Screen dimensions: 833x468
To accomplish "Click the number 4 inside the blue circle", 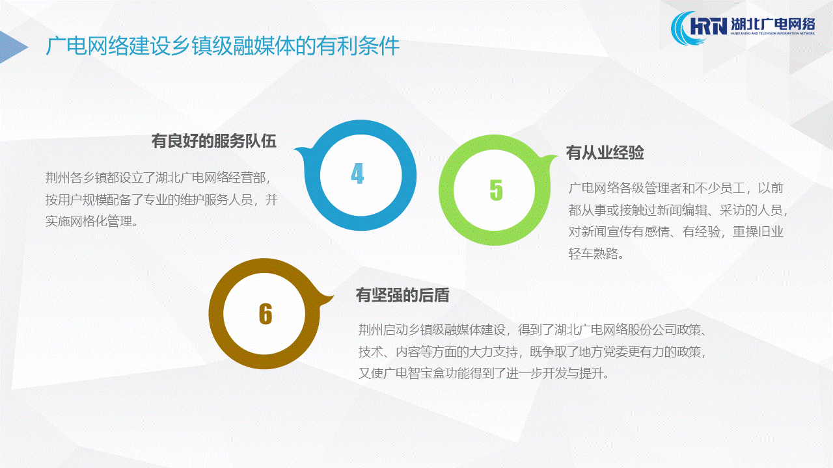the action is (x=357, y=174).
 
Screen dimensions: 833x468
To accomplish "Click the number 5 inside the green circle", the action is (x=496, y=190).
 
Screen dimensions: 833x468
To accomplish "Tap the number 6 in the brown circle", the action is (x=266, y=314).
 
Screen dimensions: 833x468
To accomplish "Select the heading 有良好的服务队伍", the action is (x=214, y=141).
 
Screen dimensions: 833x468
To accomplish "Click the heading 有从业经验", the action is (x=605, y=153).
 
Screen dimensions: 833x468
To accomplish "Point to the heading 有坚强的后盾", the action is (x=403, y=295).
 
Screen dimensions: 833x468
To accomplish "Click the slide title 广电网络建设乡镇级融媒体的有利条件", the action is (x=223, y=46).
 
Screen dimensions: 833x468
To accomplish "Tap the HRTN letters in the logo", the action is (x=708, y=25).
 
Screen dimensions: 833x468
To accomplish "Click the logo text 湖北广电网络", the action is (x=773, y=24).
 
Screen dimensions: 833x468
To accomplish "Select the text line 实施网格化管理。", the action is (x=92, y=222).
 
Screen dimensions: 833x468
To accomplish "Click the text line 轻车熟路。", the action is (x=596, y=253).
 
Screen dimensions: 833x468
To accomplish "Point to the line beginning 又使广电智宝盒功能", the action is (x=484, y=373).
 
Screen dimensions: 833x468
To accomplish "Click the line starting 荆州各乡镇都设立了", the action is (x=158, y=177).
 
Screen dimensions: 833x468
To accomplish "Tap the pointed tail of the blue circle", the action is (x=296, y=149).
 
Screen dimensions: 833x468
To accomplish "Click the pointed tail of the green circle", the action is (x=555, y=157).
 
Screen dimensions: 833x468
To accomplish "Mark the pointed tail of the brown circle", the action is (x=331, y=297).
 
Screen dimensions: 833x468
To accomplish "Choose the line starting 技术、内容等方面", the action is (x=532, y=352).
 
